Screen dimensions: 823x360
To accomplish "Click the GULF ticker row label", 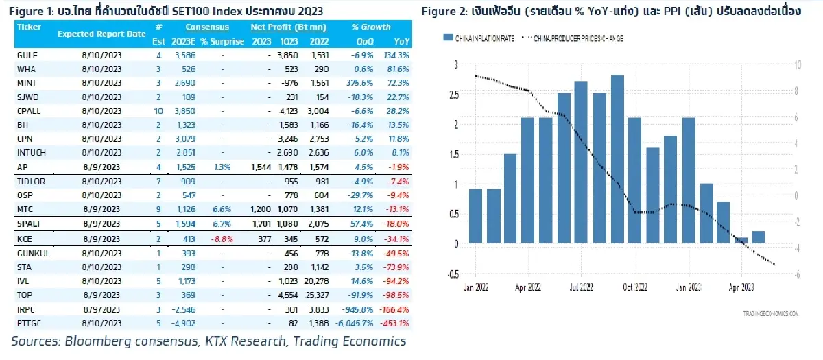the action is click(27, 56).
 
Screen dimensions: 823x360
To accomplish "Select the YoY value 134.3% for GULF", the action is click(396, 56).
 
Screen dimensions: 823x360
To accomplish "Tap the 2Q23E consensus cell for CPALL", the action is click(184, 111).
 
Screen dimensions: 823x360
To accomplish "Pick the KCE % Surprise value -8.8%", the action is click(222, 239).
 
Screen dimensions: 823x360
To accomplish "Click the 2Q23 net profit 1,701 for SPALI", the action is click(261, 224).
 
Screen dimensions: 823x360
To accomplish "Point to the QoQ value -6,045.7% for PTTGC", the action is click(355, 324).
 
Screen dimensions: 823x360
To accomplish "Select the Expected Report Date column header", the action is click(102, 34).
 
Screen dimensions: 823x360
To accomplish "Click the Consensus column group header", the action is click(207, 27).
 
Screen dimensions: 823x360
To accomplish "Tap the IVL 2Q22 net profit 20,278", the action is click(316, 281).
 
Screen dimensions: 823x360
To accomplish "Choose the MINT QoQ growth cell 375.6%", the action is click(359, 83).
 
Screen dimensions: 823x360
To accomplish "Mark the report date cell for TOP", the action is click(102, 296).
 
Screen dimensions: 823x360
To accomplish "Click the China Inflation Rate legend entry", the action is click(479, 38).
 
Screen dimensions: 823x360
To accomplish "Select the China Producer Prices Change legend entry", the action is click(573, 38).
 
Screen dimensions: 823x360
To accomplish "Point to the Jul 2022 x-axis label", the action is click(582, 287).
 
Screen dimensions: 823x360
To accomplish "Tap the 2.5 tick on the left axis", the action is click(454, 95).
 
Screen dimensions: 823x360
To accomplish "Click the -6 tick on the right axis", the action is click(797, 274).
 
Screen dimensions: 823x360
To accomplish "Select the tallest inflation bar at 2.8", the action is click(618, 159).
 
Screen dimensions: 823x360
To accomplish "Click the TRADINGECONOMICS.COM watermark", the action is click(771, 314).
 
